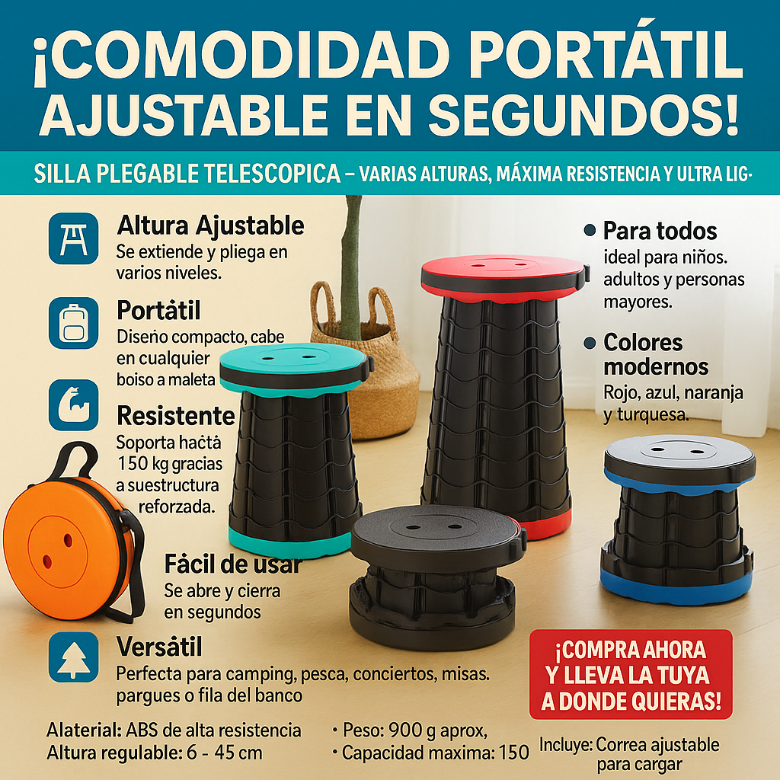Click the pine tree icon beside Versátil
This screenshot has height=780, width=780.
tap(73, 656)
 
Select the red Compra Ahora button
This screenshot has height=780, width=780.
tap(630, 674)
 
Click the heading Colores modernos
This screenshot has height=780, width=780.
tap(655, 354)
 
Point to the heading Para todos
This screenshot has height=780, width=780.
tap(660, 230)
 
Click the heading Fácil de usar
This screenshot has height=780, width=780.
tap(232, 564)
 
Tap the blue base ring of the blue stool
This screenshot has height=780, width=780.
tap(675, 586)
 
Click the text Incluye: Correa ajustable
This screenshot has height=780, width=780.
tap(629, 744)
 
